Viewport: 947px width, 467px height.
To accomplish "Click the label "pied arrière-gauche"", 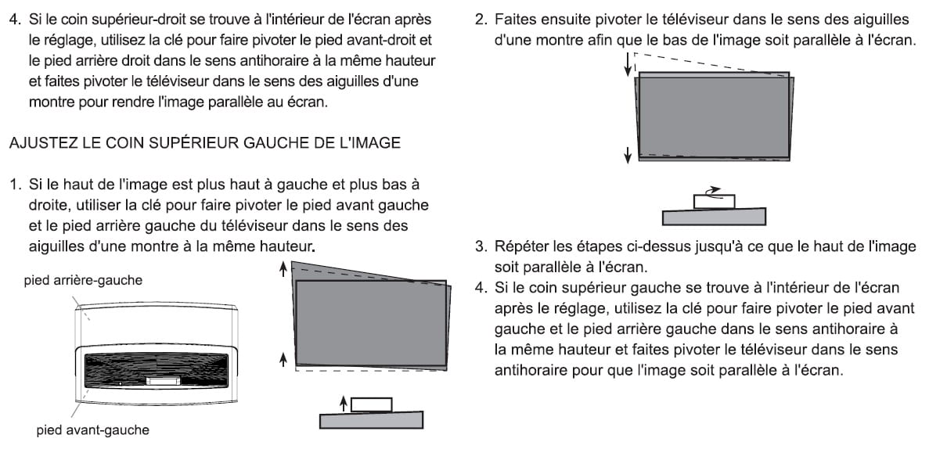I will click(x=83, y=280).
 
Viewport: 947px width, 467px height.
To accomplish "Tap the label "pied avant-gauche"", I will click(x=92, y=429).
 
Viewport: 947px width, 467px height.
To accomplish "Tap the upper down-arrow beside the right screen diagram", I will click(x=628, y=67).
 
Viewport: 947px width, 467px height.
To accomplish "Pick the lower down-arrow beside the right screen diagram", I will click(x=628, y=153).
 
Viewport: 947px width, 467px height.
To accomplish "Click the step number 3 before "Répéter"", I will click(x=481, y=247).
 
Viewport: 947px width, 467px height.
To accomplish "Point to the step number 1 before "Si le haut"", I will click(x=14, y=185).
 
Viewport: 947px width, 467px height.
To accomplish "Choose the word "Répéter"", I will click(x=521, y=247).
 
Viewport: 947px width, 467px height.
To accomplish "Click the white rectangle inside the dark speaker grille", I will click(x=162, y=382).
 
